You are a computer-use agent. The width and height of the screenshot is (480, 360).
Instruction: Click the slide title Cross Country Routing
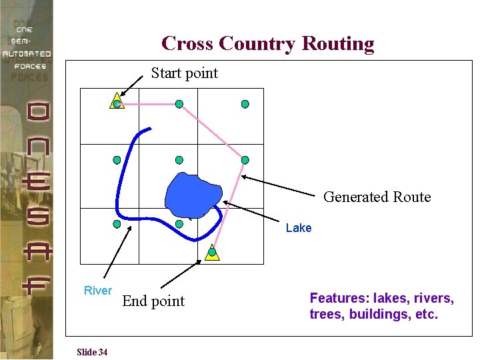pos(267,43)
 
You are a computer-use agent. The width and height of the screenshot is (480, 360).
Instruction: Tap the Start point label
pos(184,73)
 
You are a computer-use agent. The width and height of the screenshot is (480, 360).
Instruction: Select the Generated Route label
pos(377,197)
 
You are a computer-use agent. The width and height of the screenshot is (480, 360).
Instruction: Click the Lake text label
pos(298,228)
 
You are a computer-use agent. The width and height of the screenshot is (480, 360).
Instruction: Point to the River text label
pos(97,290)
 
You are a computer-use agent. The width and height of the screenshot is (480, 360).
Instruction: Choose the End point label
pos(153,301)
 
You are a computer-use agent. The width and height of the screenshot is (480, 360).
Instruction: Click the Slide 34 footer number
pos(92,352)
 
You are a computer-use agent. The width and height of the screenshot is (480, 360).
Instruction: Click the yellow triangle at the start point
pos(117,101)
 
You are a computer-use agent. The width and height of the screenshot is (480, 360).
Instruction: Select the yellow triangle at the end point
pos(212,253)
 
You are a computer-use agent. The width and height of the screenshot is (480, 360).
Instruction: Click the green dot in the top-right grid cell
pos(245,104)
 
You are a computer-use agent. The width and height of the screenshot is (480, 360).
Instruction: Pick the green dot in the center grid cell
pos(179,160)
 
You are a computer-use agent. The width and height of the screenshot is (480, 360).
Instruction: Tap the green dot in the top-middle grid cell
pos(179,104)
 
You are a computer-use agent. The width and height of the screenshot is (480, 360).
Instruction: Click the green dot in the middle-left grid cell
pos(117,160)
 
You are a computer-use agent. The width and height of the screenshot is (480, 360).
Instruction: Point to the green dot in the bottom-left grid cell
pos(117,224)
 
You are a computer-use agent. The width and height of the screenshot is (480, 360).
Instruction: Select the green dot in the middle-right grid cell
pos(245,160)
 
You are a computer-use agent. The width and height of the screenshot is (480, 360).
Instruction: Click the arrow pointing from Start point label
pos(133,85)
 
